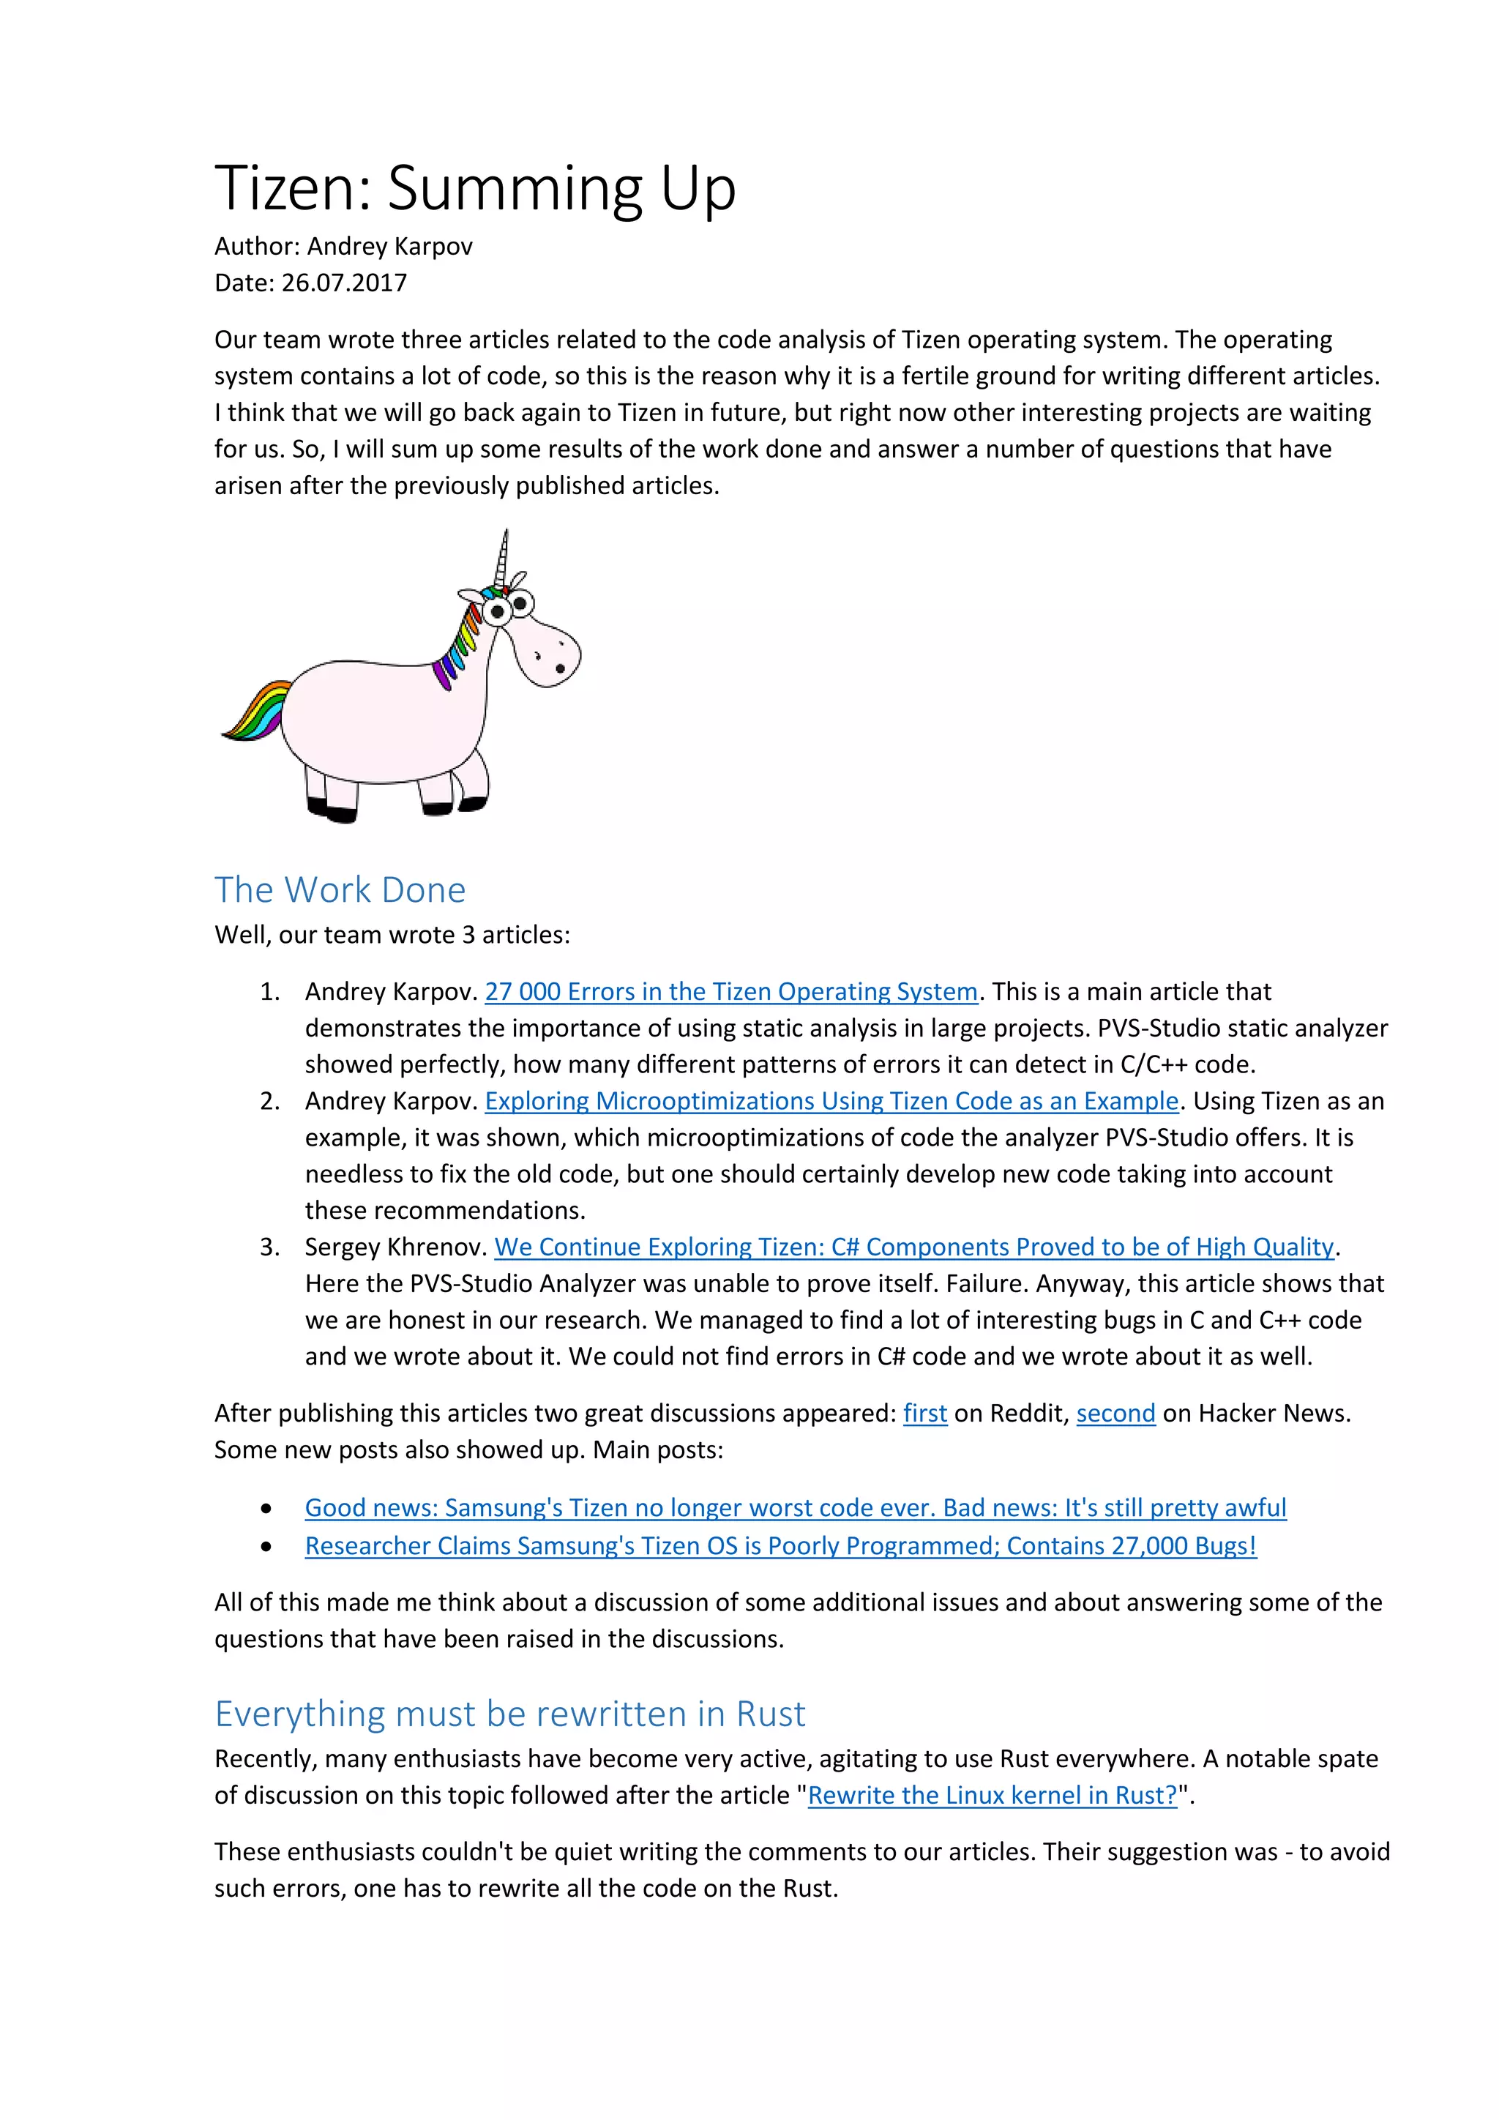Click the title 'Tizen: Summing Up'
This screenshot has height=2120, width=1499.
474,187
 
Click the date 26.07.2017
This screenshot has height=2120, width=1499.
343,283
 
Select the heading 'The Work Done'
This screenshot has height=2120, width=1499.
340,889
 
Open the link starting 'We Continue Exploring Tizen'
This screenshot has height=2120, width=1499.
913,1247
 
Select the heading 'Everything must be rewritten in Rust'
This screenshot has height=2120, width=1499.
509,1714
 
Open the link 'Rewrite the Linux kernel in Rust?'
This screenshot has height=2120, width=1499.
993,1795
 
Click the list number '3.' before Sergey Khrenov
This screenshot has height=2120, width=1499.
269,1247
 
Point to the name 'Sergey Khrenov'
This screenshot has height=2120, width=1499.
394,1247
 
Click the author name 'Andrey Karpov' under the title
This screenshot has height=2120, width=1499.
389,246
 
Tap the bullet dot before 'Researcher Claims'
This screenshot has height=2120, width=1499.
266,1547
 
